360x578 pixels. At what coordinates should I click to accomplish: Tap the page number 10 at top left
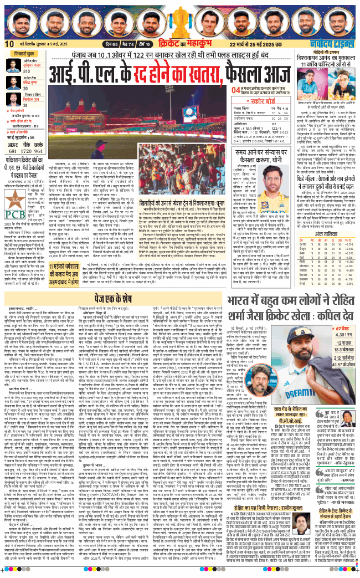[9, 44]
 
